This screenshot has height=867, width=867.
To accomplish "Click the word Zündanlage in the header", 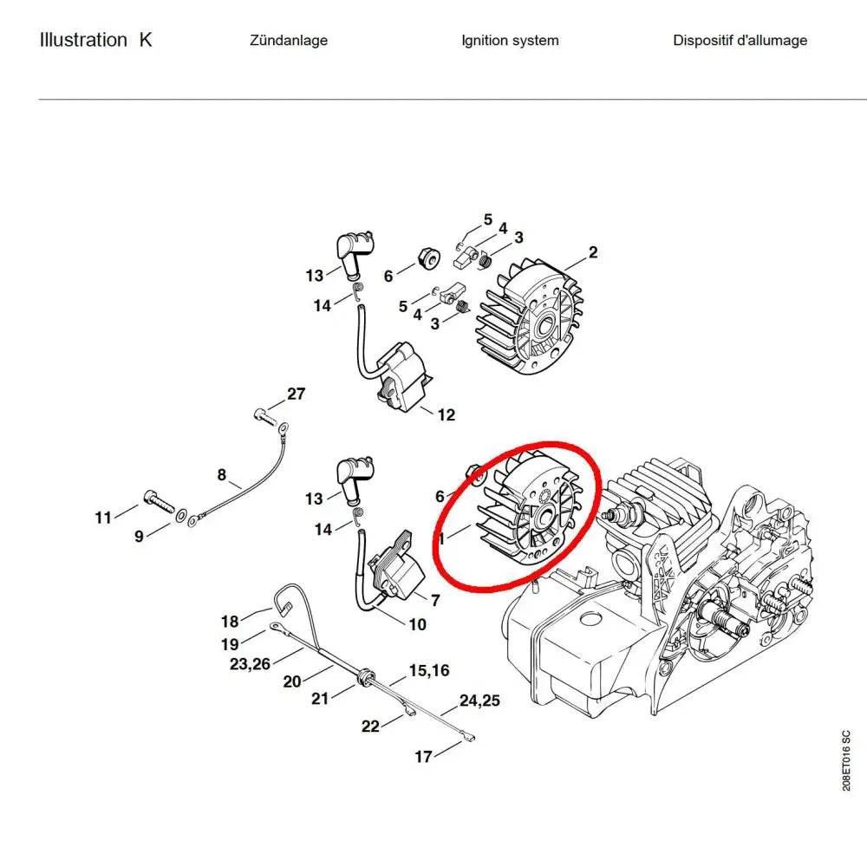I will pos(288,41).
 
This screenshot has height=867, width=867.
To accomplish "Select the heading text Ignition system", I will pos(510,41).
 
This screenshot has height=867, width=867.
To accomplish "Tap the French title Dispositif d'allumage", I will pos(740,41).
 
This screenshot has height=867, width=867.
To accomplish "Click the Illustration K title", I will pos(95,40).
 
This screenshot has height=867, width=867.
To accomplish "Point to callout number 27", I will pos(297,394).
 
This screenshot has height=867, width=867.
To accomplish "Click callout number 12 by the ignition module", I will pos(446,415).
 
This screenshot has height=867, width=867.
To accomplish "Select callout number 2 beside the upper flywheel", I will pos(593,253).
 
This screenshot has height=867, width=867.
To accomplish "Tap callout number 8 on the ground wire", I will pos(222,475).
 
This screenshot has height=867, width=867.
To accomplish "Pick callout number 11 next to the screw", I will pos(103,518).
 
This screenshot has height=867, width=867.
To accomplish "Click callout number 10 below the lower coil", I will pos(417,624).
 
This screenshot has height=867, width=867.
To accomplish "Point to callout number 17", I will pos(423,757).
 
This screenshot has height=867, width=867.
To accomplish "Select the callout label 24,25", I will pos(479,701).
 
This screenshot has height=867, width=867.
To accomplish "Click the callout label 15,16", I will pos(429,670).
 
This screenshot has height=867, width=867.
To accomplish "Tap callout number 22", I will pos(370,727).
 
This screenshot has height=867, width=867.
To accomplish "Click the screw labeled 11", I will pos(156,501).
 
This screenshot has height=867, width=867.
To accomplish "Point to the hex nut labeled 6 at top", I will pos(427,257).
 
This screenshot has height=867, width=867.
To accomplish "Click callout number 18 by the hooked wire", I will pos(230,622).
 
